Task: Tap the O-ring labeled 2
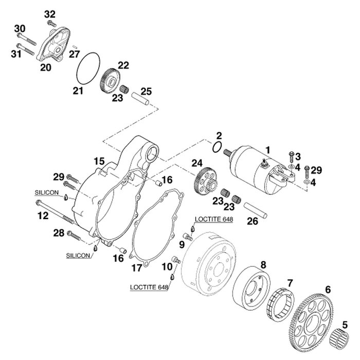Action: (218, 148)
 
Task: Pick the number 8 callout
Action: (263, 265)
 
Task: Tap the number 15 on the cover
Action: (99, 161)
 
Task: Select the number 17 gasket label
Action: (136, 267)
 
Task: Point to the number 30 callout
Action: (19, 28)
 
